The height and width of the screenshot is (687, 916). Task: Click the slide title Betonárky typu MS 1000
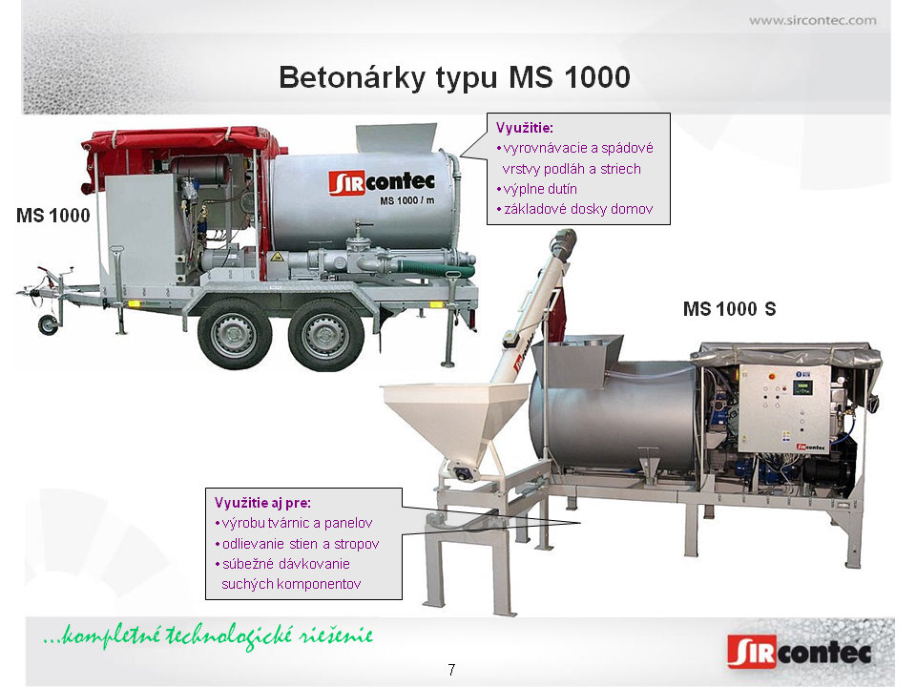click(x=454, y=77)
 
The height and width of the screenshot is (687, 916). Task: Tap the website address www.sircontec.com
click(x=813, y=20)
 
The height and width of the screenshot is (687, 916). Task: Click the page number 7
click(x=451, y=670)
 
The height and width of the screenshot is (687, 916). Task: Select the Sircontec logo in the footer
click(x=800, y=652)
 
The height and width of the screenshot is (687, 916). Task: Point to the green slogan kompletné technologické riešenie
click(x=209, y=635)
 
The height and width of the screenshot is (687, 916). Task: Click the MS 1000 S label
click(x=730, y=308)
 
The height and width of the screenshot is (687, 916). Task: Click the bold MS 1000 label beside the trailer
click(x=53, y=215)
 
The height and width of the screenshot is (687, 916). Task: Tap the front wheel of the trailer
click(x=235, y=335)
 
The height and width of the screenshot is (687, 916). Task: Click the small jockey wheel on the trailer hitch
click(x=48, y=324)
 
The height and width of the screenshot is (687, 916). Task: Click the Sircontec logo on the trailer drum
click(x=382, y=183)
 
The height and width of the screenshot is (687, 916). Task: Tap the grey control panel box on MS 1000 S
click(x=784, y=408)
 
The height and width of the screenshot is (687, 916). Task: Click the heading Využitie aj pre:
click(x=262, y=503)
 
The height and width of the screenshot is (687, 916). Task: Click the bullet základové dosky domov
click(x=574, y=209)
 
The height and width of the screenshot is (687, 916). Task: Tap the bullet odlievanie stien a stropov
click(x=297, y=544)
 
